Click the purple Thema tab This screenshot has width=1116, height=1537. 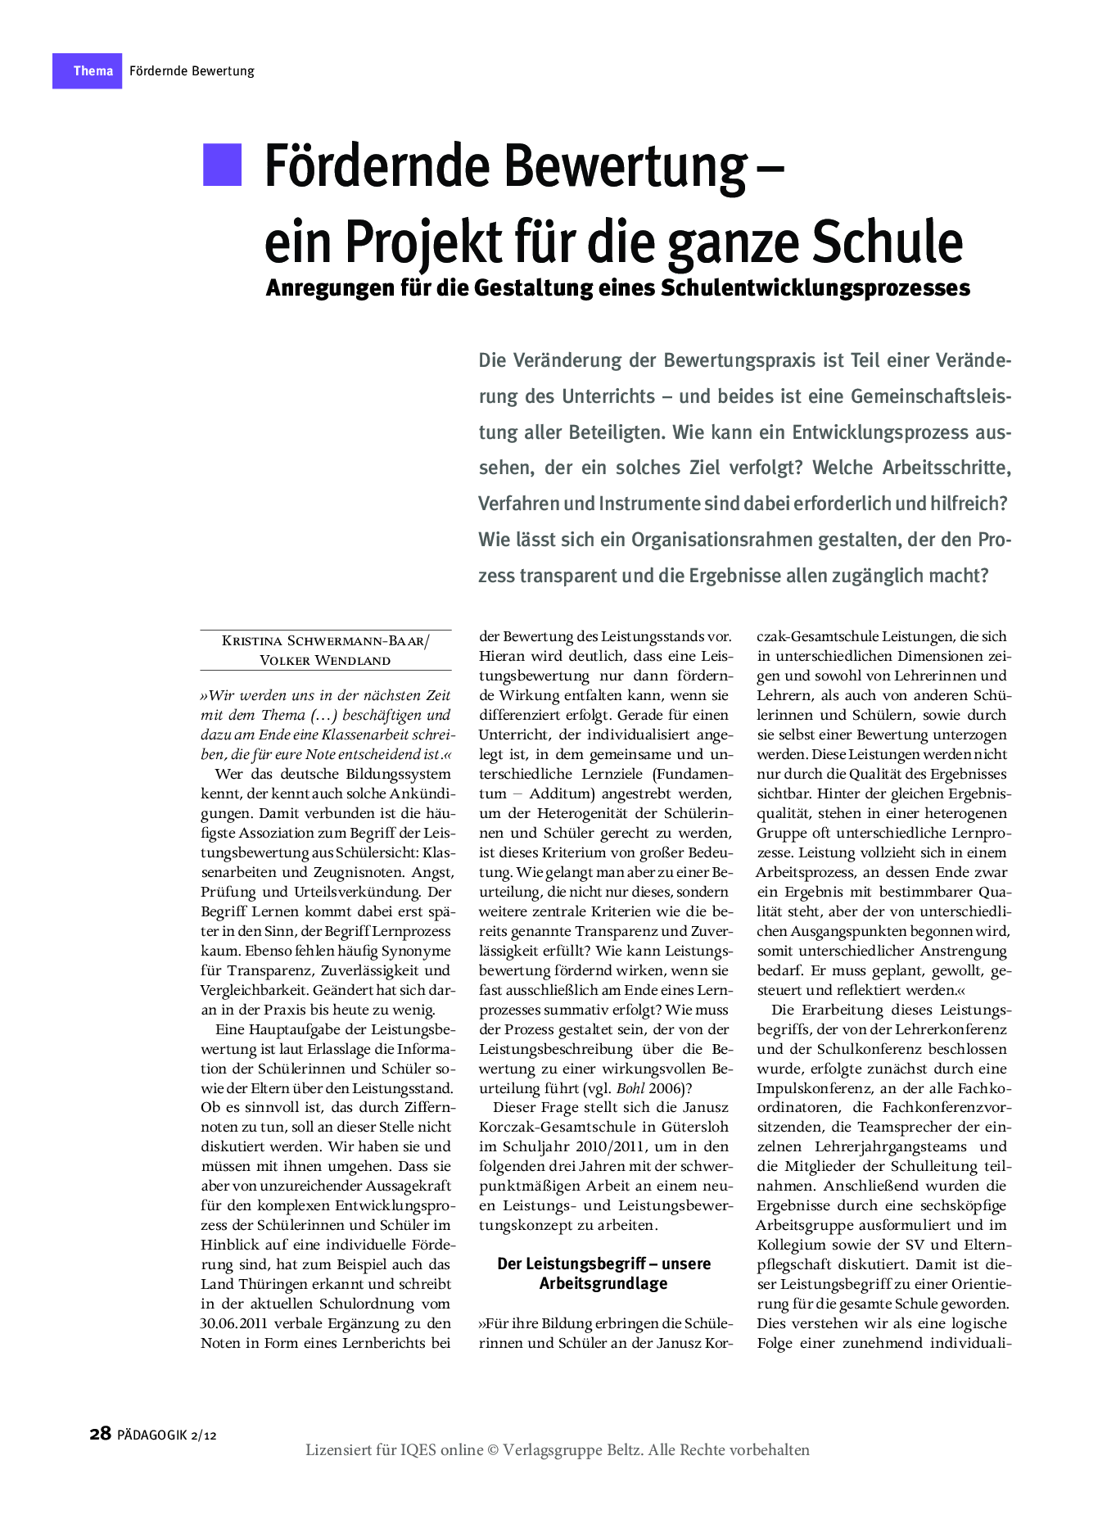pos(88,71)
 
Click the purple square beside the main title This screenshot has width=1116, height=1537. pos(223,165)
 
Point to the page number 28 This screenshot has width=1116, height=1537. pos(100,1434)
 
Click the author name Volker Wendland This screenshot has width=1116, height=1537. pos(325,660)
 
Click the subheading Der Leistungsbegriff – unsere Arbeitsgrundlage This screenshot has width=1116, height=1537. pos(603,1273)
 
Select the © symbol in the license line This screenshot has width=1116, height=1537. pos(493,1450)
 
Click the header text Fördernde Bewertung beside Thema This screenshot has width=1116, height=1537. pos(192,71)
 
